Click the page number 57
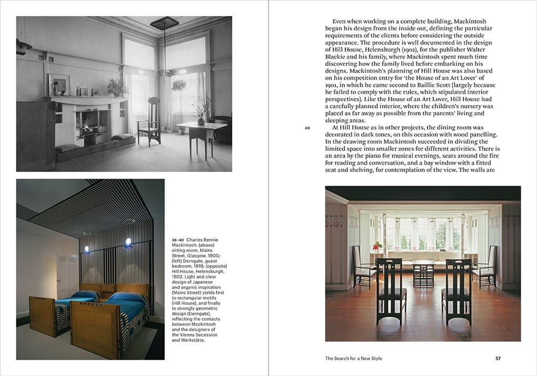coord(498,359)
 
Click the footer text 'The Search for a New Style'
coord(353,359)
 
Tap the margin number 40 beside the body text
coord(307,128)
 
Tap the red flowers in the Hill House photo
coord(376,245)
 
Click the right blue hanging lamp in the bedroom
coord(128,242)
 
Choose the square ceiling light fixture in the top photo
coord(164,23)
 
